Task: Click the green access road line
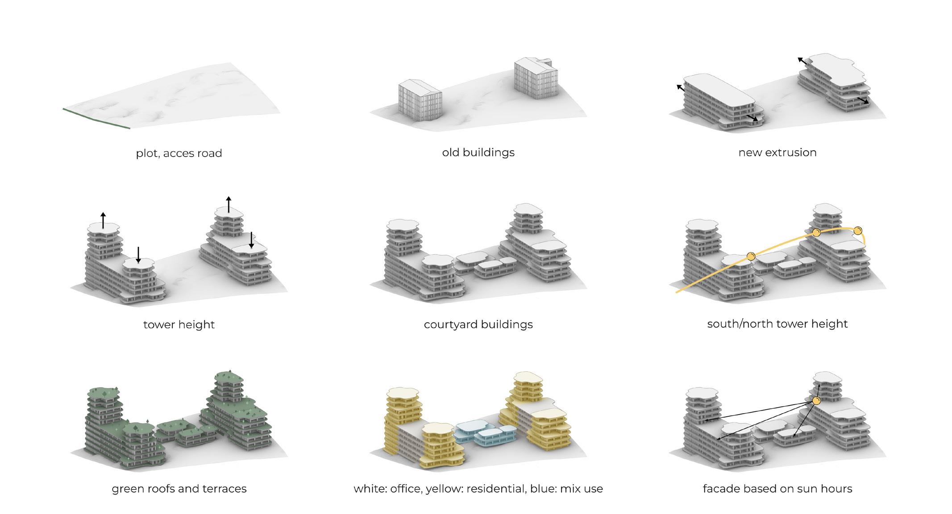pos(96,118)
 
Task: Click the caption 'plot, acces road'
pos(179,153)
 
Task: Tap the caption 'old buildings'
pos(478,152)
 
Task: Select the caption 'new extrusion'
pos(777,152)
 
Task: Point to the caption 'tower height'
pos(179,324)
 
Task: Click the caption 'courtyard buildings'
pos(478,324)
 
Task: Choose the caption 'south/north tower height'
pos(777,323)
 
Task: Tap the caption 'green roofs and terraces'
pos(179,489)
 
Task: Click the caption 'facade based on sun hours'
pos(777,489)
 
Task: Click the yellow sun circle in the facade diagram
pos(816,401)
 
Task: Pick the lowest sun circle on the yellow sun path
pos(751,256)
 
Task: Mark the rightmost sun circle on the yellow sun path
pos(857,231)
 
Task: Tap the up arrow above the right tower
pos(229,204)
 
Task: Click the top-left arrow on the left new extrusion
pos(681,87)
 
